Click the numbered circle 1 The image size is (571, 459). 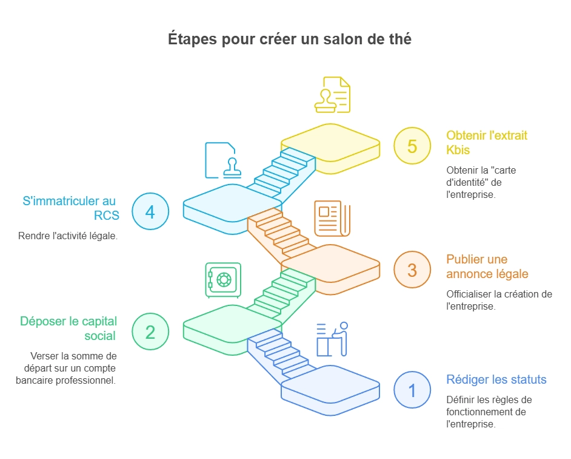click(x=412, y=389)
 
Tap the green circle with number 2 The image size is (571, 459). click(x=150, y=331)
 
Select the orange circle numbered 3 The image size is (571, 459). click(x=412, y=269)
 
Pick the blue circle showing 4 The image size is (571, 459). click(x=150, y=212)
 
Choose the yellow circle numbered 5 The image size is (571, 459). click(x=412, y=146)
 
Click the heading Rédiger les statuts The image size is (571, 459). click(x=496, y=380)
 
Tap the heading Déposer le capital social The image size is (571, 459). click(x=68, y=328)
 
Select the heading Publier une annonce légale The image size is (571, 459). click(x=487, y=267)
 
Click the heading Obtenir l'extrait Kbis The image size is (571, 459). click(x=487, y=143)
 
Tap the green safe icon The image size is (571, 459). click(x=223, y=280)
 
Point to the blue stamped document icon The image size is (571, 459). click(x=220, y=160)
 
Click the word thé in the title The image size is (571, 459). click(x=399, y=39)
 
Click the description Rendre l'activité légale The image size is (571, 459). click(x=68, y=236)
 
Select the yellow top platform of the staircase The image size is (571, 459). click(x=330, y=143)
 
